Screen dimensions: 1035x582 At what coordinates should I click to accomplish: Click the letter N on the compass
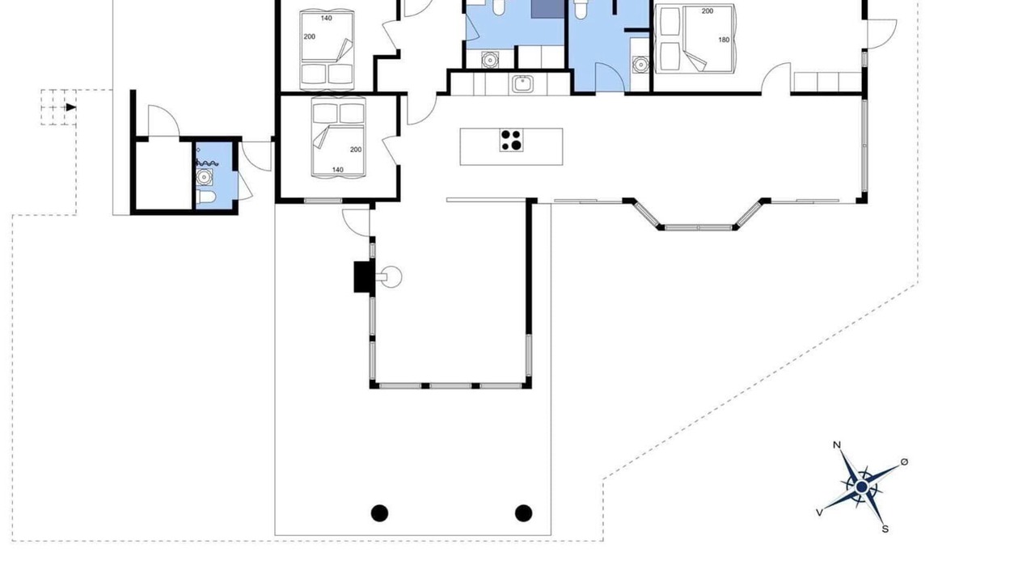click(x=837, y=445)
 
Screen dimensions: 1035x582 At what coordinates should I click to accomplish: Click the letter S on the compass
click(x=885, y=529)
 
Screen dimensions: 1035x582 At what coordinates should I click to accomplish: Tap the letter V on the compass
click(x=820, y=512)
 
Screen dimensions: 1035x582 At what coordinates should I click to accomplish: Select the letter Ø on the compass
click(x=905, y=462)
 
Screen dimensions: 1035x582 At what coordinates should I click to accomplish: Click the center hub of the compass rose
click(x=862, y=487)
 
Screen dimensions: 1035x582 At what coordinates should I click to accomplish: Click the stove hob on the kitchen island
click(x=511, y=140)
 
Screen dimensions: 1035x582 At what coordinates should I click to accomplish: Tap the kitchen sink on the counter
click(x=522, y=84)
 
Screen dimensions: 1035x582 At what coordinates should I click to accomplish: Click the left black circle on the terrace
click(x=379, y=513)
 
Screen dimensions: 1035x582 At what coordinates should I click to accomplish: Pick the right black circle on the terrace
click(x=523, y=513)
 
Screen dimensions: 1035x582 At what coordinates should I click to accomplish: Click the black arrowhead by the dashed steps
click(x=70, y=108)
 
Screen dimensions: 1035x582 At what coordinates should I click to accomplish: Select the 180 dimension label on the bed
click(x=724, y=40)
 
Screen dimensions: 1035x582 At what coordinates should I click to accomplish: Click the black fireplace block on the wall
click(x=364, y=276)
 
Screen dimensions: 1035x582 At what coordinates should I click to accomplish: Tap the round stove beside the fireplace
click(x=391, y=277)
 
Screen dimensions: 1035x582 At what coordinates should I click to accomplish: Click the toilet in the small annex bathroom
click(x=205, y=198)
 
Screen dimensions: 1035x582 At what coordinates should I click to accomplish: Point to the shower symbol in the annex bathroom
click(x=206, y=162)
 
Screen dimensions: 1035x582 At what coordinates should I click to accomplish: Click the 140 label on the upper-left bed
click(x=326, y=19)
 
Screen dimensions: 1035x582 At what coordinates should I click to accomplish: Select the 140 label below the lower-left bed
click(x=338, y=170)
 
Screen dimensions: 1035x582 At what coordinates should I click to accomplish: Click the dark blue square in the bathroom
click(x=547, y=9)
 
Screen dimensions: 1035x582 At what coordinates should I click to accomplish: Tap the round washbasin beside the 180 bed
click(x=641, y=64)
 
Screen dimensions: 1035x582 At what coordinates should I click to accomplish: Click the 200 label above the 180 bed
click(x=708, y=11)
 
